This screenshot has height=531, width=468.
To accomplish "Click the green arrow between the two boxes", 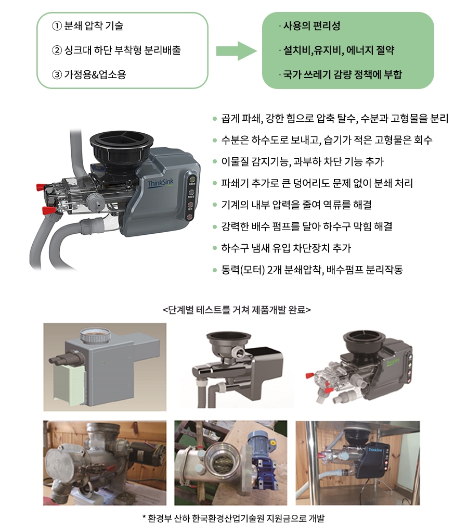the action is pyautogui.click(x=237, y=51).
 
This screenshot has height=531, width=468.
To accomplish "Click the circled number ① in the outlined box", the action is pyautogui.click(x=57, y=26).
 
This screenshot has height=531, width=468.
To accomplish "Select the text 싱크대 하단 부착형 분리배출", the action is pyautogui.click(x=122, y=50).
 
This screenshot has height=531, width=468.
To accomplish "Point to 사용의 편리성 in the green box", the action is pyautogui.click(x=311, y=26).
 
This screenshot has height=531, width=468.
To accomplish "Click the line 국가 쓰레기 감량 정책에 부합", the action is pyautogui.click(x=342, y=74).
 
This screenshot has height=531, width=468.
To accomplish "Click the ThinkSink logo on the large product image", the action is pyautogui.click(x=160, y=183).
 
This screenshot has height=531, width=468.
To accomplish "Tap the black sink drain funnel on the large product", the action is pyautogui.click(x=121, y=147).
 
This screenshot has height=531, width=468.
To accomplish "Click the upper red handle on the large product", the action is pyautogui.click(x=41, y=187).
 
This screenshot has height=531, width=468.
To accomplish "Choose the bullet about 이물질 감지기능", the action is pyautogui.click(x=302, y=161).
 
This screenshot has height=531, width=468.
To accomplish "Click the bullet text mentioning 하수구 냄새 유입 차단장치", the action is pyautogui.click(x=286, y=248).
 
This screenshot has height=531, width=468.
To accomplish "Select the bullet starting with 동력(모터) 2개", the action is pyautogui.click(x=312, y=270).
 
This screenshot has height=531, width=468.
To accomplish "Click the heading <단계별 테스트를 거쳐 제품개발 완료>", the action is pyautogui.click(x=237, y=310).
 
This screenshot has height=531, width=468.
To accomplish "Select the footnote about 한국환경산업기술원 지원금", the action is pyautogui.click(x=233, y=518).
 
